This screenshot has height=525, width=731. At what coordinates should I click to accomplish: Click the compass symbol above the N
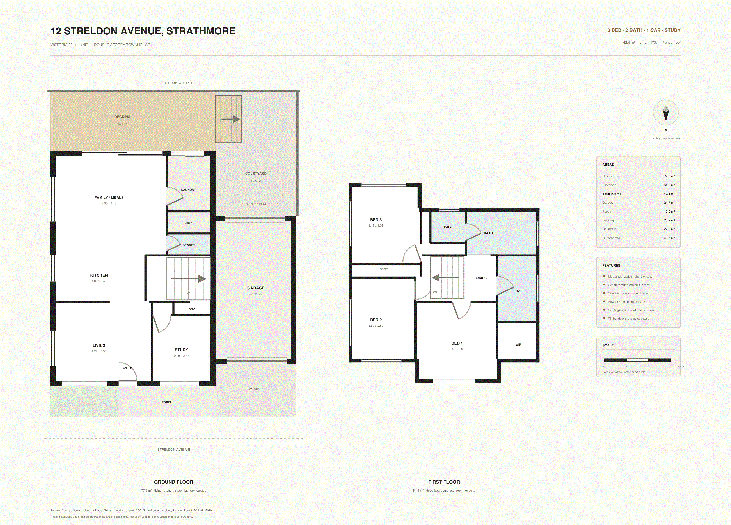pyautogui.click(x=666, y=112)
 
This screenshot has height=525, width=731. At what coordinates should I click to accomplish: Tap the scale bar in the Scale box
pyautogui.click(x=637, y=360)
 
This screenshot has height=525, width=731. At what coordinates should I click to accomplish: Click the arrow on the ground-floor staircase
pyautogui.click(x=189, y=279)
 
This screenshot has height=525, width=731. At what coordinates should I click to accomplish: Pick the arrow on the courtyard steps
pyautogui.click(x=231, y=119)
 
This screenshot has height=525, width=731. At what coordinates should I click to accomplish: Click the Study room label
pyautogui.click(x=181, y=350)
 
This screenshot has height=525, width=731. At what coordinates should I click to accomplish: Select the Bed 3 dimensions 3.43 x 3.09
pyautogui.click(x=376, y=225)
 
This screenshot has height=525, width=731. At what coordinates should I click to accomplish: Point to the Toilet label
pyautogui.click(x=448, y=227)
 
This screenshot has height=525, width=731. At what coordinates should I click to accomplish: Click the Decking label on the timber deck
pyautogui.click(x=122, y=116)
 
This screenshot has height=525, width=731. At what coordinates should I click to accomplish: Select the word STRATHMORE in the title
pyautogui.click(x=201, y=31)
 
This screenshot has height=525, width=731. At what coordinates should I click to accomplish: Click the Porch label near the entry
pyautogui.click(x=167, y=402)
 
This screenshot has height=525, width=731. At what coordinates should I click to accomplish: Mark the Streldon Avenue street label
pyautogui.click(x=173, y=449)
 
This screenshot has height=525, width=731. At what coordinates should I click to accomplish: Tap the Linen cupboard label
pyautogui.click(x=189, y=223)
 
